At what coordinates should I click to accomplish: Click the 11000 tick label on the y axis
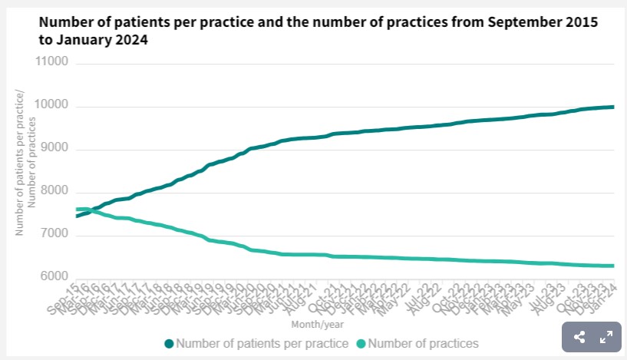pos(53,61)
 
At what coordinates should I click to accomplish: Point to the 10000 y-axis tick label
pos(53,105)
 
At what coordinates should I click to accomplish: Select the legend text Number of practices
pos(424,343)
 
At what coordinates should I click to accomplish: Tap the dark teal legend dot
pos(169,343)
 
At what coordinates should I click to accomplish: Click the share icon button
pos(580,337)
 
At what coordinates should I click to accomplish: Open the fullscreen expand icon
pos(606,337)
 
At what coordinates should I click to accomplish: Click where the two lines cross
pos(94,209)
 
